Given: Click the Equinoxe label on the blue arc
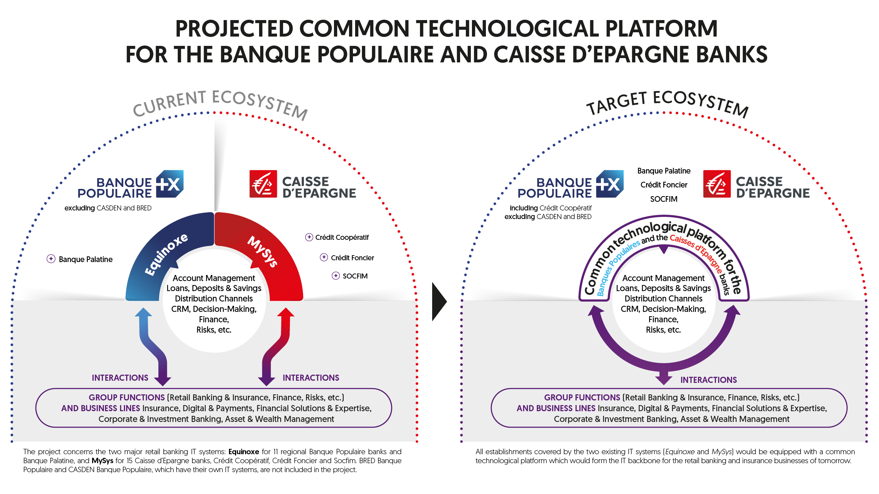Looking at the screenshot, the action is tap(166, 254).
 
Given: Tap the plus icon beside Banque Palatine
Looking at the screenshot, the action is tap(51, 259).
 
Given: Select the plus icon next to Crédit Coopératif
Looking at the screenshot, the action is tap(309, 237).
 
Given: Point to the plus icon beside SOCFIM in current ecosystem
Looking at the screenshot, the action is tap(336, 276).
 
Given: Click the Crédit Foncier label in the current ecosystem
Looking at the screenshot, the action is tap(352, 258).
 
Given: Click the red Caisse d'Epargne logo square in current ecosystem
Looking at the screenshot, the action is tap(263, 184).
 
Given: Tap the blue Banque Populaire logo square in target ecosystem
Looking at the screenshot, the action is tap(610, 184).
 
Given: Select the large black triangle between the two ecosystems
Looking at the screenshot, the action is tap(439, 301).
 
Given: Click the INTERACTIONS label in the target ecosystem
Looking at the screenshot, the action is tap(708, 380).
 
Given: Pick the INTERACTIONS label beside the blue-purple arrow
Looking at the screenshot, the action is tap(120, 378).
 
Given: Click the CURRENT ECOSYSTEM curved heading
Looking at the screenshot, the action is tap(220, 104).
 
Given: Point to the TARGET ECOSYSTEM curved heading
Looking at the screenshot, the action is tap(667, 103).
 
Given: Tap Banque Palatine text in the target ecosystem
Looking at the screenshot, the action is tap(664, 171).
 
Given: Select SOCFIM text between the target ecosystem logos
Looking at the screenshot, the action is tap(664, 199).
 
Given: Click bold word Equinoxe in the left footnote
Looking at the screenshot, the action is tap(244, 452).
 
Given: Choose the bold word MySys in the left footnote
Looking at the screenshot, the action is tap(102, 461).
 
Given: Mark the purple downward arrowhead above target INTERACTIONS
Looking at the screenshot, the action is tap(664, 379).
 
